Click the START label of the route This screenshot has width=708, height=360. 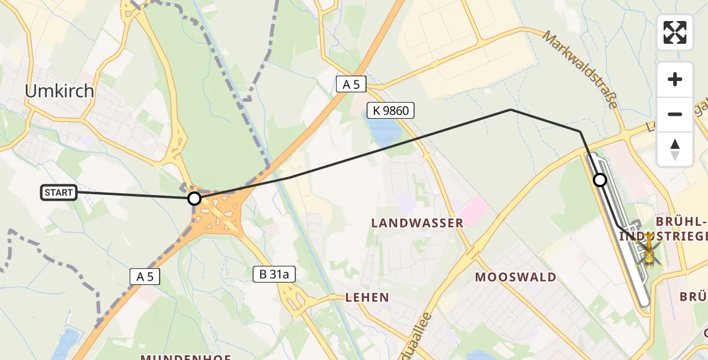coord(59,193)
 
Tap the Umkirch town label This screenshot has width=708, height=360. coord(59,91)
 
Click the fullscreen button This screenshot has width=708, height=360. coord(675,32)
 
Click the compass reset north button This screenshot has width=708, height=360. coord(675,149)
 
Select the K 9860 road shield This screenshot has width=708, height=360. coord(391,110)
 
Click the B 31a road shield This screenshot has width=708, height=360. coord(274,275)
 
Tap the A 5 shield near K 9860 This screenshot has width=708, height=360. coord(350,85)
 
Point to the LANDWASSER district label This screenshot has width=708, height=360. coord(417,223)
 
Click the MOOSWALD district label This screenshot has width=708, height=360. coord(515,277)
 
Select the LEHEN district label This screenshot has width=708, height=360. coord(367,297)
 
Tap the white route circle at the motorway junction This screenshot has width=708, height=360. coord(194,198)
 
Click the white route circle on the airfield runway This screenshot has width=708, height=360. coord(600,179)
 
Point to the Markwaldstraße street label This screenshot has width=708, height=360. coord(580,70)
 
